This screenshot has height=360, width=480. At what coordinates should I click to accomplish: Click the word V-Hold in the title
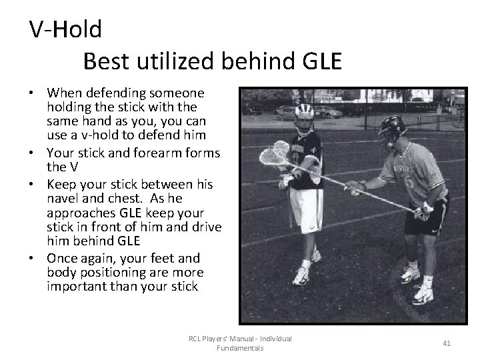pyautogui.click(x=65, y=29)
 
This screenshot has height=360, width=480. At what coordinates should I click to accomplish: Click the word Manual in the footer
pyautogui.click(x=235, y=339)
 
